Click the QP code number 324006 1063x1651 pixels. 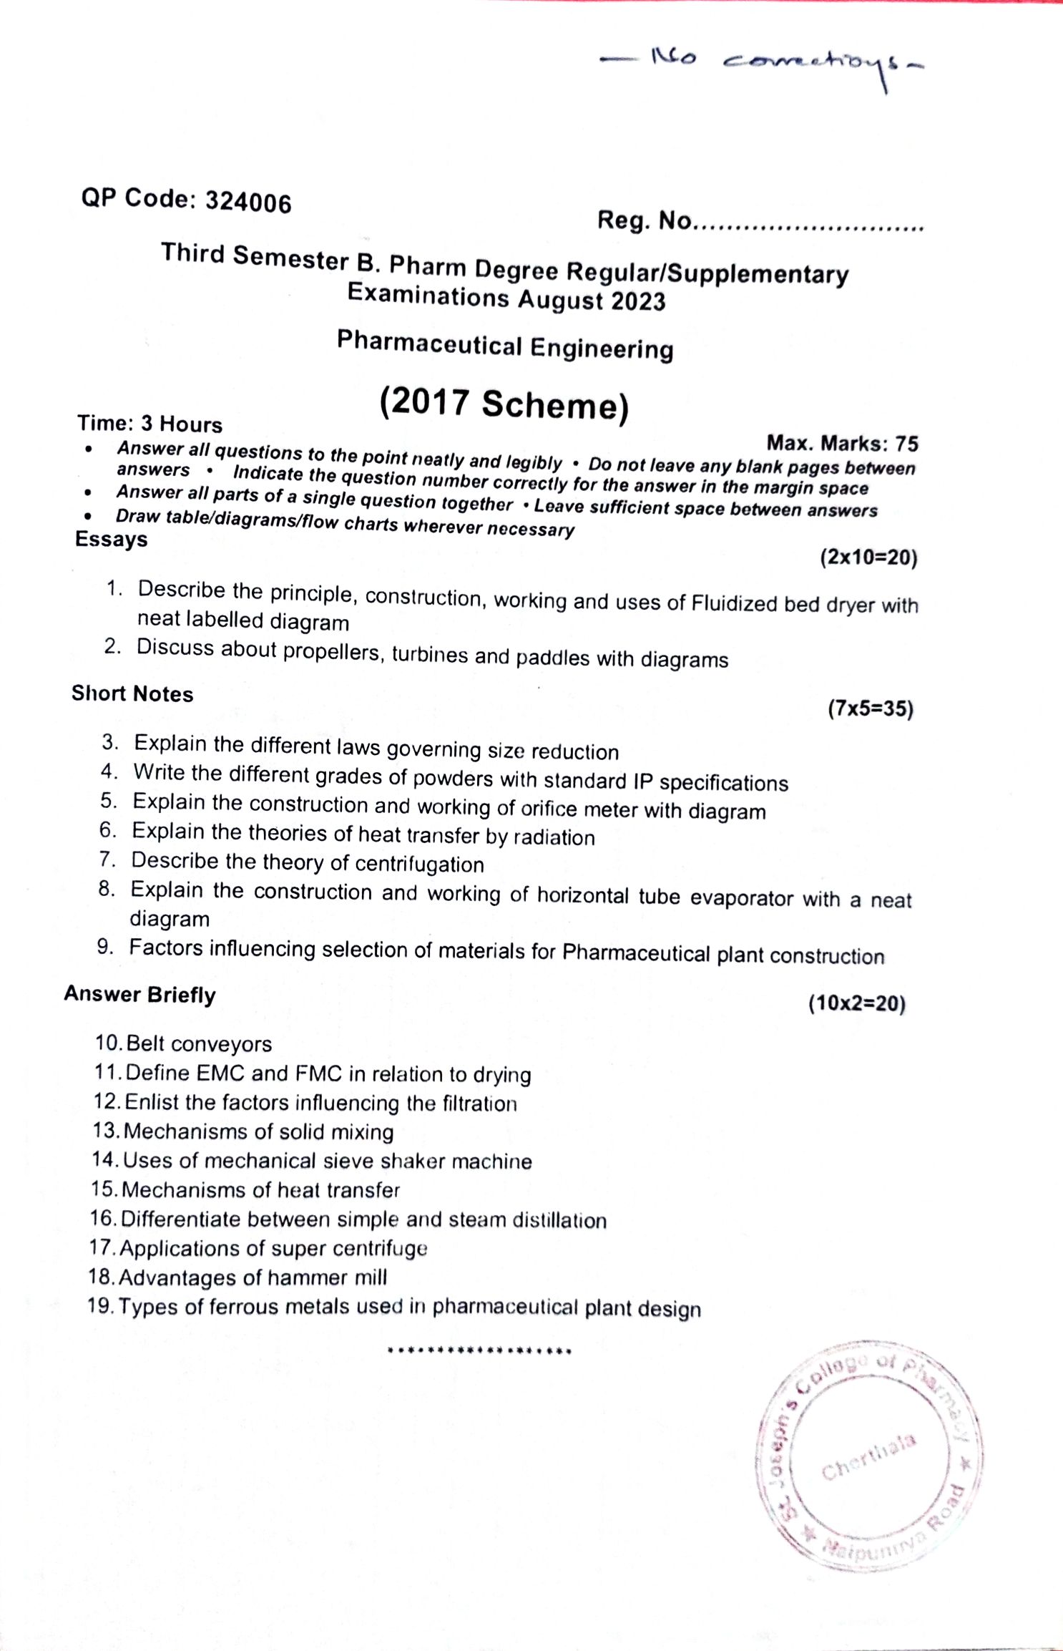coord(248,203)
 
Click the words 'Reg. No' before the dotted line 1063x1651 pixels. coord(644,220)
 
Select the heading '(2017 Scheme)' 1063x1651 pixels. coord(504,404)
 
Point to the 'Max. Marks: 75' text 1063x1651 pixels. coord(842,444)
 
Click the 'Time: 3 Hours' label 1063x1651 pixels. coord(150,424)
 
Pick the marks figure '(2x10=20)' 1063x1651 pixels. coord(868,557)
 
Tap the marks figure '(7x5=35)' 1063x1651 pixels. coord(871,709)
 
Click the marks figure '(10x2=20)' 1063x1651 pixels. coord(857,1003)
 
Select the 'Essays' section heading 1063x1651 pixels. coord(112,540)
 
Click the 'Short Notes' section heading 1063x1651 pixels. coord(132,693)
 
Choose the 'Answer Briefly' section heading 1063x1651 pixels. coord(139,995)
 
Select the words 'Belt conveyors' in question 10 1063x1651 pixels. coord(199,1044)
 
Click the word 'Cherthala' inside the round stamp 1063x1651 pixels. coord(868,1458)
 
